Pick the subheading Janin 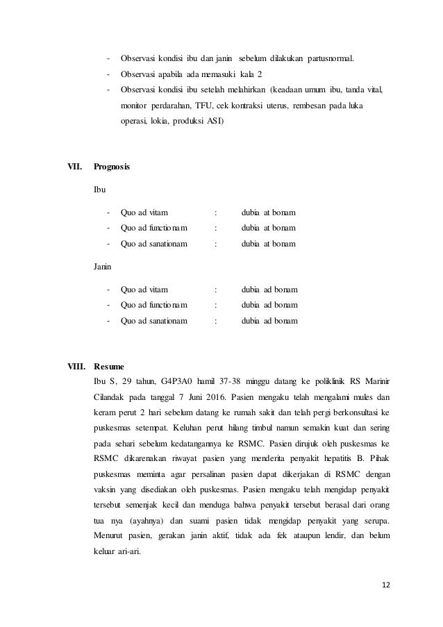[103, 266]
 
